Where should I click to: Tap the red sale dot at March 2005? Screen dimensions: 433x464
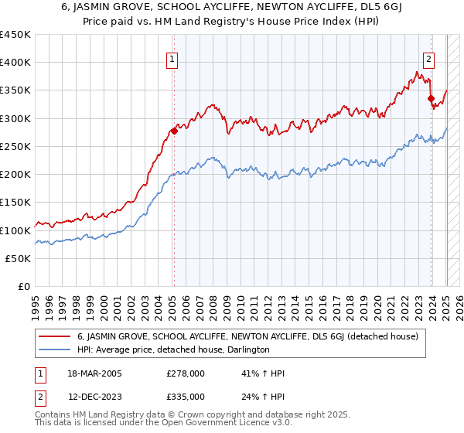pyautogui.click(x=174, y=131)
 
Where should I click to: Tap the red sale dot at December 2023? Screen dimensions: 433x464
pyautogui.click(x=431, y=98)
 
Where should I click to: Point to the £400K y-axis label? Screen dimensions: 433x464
pyautogui.click(x=15, y=63)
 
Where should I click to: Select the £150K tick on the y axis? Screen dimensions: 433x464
pyautogui.click(x=15, y=203)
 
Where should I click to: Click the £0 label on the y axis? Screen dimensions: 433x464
pyautogui.click(x=24, y=287)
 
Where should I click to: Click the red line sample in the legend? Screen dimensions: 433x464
pyautogui.click(x=55, y=336)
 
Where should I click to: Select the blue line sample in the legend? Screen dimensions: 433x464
pyautogui.click(x=55, y=349)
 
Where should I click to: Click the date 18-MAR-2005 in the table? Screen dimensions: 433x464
pyautogui.click(x=90, y=374)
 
